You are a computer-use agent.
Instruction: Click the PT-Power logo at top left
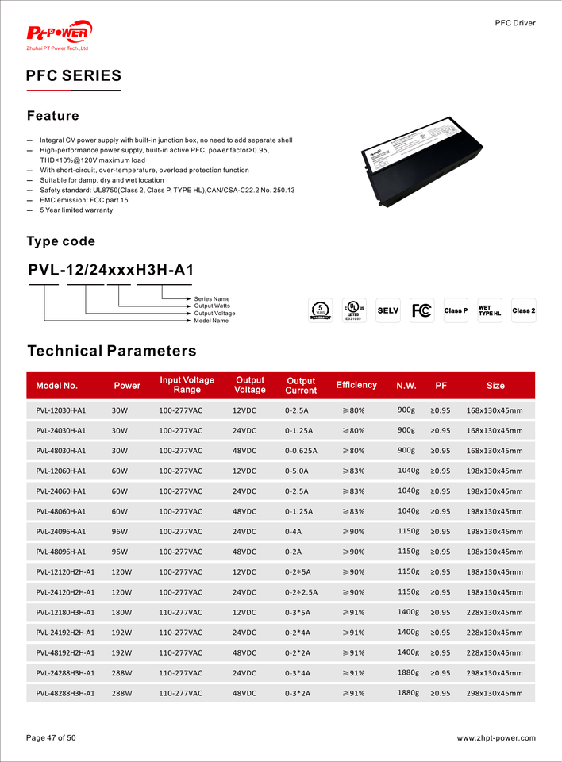click(60, 33)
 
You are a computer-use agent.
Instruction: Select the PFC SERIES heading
click(74, 76)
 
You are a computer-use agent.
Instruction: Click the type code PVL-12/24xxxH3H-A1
click(110, 270)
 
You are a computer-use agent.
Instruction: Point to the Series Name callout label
click(212, 299)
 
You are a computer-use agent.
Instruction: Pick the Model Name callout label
click(211, 321)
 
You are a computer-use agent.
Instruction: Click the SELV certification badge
click(387, 310)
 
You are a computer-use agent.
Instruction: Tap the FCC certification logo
click(421, 310)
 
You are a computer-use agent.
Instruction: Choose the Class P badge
click(456, 310)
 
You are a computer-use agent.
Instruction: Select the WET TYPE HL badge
click(490, 310)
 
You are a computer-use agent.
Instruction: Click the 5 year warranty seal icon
click(319, 310)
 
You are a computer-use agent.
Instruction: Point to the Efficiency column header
click(356, 385)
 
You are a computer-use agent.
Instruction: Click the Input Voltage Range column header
click(187, 385)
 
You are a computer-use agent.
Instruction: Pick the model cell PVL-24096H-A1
click(61, 532)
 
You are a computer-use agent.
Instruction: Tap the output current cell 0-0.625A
click(301, 451)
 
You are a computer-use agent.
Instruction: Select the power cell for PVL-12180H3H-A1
click(121, 613)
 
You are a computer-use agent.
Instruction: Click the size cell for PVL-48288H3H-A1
click(495, 694)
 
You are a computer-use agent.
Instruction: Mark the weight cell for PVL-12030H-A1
click(406, 410)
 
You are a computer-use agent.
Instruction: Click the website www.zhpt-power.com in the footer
click(496, 738)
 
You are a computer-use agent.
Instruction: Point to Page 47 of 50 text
click(51, 738)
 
